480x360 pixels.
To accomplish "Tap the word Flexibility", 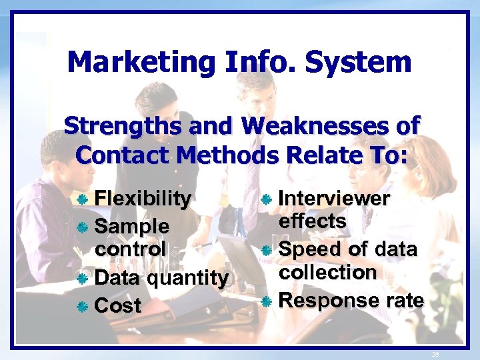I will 143,198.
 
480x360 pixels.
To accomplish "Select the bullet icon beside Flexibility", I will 83,199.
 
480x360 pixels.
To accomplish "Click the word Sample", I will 132,225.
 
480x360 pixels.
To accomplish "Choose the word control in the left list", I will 131,249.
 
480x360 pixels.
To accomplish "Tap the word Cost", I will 118,305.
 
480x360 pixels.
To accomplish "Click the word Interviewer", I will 334,198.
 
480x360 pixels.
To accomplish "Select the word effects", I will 313,221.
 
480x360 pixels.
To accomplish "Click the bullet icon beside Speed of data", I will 267,251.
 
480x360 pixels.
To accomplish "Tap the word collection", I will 328,272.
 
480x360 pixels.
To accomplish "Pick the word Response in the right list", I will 324,300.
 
